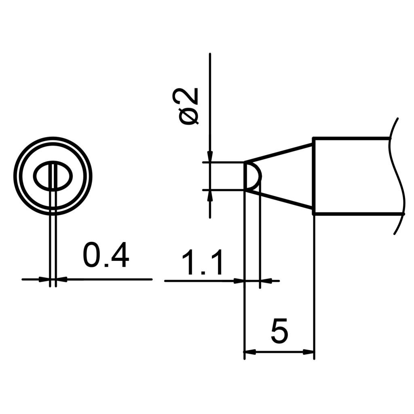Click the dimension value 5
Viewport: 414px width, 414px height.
pos(279,330)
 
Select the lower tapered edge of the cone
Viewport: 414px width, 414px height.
pos(279,200)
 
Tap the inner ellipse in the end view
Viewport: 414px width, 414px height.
pos(53,177)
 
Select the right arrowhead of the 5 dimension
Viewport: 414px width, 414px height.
pos(309,352)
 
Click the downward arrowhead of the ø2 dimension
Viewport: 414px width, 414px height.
pos(210,157)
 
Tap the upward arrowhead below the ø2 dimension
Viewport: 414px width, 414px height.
pos(210,194)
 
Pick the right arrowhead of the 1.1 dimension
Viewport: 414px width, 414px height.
pos(264,280)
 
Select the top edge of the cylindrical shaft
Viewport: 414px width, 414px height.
pos(352,139)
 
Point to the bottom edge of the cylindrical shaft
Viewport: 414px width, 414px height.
pos(352,213)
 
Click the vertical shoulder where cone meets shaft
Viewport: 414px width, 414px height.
pos(314,176)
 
